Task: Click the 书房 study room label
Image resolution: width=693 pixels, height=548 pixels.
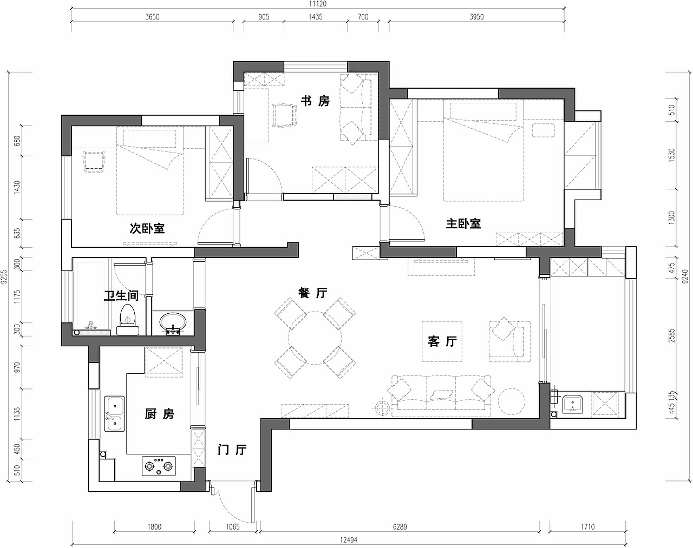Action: pyautogui.click(x=315, y=101)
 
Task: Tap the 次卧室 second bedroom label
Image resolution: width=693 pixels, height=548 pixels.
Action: pyautogui.click(x=147, y=228)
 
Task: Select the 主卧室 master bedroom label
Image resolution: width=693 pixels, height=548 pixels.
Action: pyautogui.click(x=463, y=223)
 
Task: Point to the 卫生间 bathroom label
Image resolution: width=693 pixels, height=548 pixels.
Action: pyautogui.click(x=121, y=295)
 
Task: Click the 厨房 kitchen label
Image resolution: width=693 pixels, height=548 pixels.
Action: pyautogui.click(x=159, y=414)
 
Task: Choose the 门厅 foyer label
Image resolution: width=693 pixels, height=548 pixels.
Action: pyautogui.click(x=232, y=450)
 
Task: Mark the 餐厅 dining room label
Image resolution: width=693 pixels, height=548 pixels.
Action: pyautogui.click(x=313, y=293)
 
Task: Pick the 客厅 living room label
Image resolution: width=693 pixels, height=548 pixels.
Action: pyautogui.click(x=442, y=341)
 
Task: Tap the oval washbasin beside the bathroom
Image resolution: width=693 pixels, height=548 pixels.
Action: pyautogui.click(x=173, y=323)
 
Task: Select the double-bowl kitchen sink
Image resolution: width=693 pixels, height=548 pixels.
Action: pyautogui.click(x=114, y=413)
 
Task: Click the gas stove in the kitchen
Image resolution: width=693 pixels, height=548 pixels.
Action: pyautogui.click(x=159, y=466)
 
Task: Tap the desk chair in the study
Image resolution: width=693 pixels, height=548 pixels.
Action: pyautogui.click(x=285, y=115)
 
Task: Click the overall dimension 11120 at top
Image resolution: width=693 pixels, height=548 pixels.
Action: pyautogui.click(x=317, y=4)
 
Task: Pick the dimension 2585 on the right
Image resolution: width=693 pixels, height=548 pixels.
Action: pyautogui.click(x=672, y=336)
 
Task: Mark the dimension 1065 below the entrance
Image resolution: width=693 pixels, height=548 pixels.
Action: pyautogui.click(x=232, y=526)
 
